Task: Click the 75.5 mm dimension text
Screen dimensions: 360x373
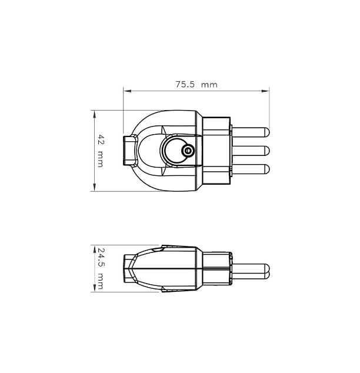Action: click(x=196, y=85)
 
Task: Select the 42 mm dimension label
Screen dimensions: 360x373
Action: click(x=101, y=151)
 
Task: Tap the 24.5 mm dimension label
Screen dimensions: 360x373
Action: click(x=101, y=268)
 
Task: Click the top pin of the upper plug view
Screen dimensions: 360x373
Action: click(x=251, y=132)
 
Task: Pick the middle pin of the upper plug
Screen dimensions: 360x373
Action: click(x=251, y=151)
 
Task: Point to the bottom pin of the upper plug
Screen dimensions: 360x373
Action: click(x=251, y=169)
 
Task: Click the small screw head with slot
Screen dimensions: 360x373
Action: click(x=188, y=151)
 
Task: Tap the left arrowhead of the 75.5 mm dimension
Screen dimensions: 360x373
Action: click(x=127, y=91)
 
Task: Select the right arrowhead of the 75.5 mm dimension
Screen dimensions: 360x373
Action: click(x=265, y=91)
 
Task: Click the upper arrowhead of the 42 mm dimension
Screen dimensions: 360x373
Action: click(x=94, y=114)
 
